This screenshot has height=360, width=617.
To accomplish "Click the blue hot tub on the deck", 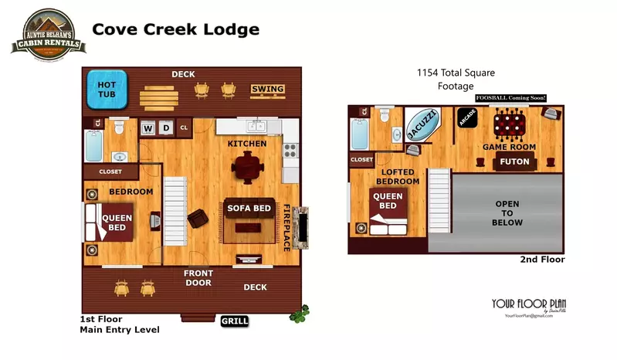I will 106,90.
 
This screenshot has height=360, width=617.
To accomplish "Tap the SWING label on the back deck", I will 267,90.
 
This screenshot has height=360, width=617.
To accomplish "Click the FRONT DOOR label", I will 198,277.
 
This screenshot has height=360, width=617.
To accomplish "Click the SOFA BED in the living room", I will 248,209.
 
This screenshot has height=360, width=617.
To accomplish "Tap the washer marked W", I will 147,127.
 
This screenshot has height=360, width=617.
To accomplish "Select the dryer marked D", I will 164,127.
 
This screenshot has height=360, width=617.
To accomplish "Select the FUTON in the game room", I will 514,162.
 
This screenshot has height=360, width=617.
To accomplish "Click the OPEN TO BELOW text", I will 507,213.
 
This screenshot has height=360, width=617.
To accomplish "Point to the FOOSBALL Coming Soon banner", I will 510,98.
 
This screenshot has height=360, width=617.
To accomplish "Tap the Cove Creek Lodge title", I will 175,30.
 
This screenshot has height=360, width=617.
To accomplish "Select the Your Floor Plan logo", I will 530,306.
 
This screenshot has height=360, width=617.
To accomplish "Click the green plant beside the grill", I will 299,314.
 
